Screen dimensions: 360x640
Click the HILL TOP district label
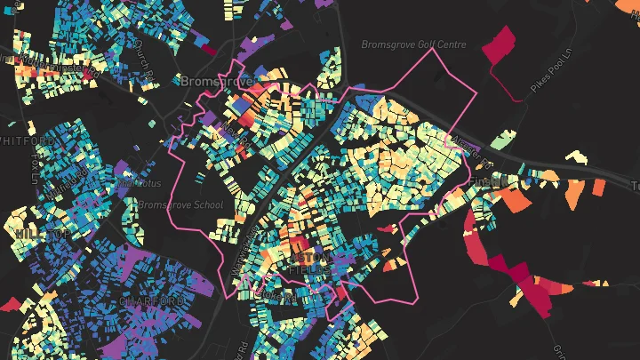pos(40,233)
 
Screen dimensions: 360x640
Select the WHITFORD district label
pos(27,140)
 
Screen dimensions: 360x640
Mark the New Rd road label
pos(236,131)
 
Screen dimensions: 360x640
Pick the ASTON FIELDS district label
pos(311,261)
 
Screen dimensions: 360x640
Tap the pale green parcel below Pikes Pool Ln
pos(503,140)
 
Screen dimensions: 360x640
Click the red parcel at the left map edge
pos(10,303)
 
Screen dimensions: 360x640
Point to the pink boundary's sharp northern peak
pos(434,49)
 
